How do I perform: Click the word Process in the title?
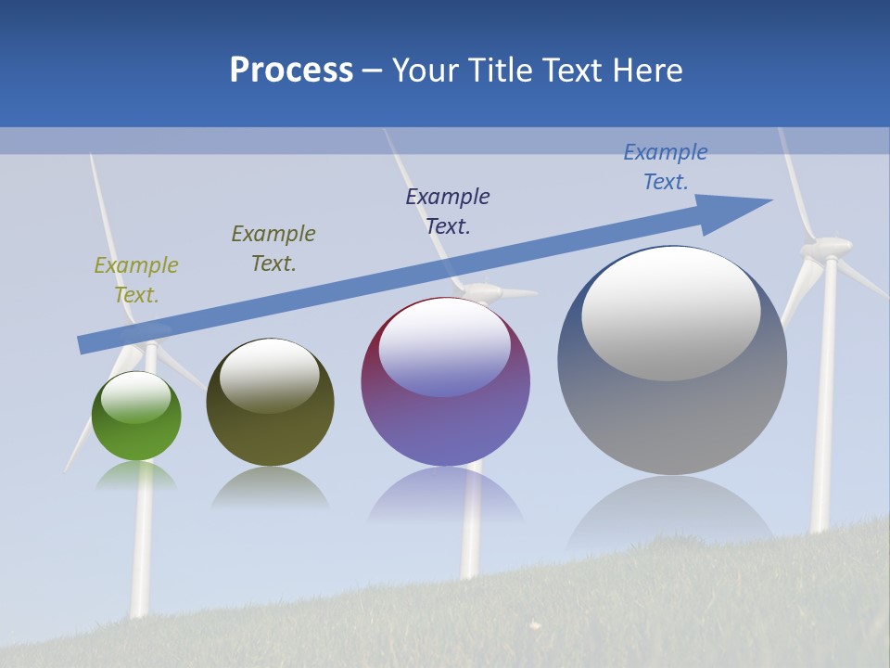click(x=291, y=71)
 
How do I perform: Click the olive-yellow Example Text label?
click(x=136, y=280)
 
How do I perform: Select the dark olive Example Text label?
click(x=273, y=249)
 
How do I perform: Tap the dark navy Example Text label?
click(x=448, y=212)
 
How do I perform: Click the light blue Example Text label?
click(x=666, y=167)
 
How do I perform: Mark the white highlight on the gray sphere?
click(x=671, y=314)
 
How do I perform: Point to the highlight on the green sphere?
click(x=135, y=397)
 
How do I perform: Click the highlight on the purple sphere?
click(x=445, y=348)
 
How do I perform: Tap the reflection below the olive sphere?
click(x=270, y=488)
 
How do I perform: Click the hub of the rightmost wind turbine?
click(x=826, y=247)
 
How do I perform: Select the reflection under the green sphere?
click(x=136, y=476)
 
